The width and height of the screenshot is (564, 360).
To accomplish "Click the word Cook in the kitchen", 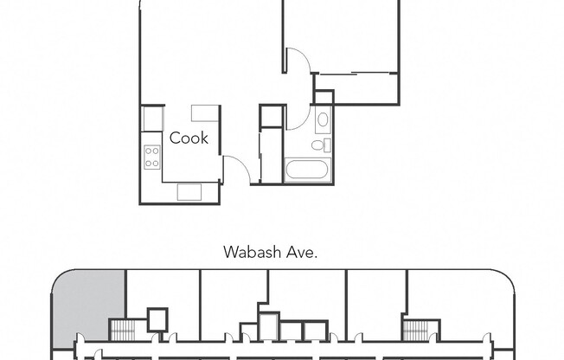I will pyautogui.click(x=189, y=138).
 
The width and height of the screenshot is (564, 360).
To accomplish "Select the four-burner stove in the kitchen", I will pyautogui.click(x=152, y=157).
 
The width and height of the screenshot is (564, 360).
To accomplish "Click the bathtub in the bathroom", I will pyautogui.click(x=308, y=170).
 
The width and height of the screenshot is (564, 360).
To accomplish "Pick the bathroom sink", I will pyautogui.click(x=323, y=119).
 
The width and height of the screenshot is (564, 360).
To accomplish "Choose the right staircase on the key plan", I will pyautogui.click(x=417, y=330).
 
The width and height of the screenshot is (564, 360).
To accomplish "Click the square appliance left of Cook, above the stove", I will pyautogui.click(x=152, y=119).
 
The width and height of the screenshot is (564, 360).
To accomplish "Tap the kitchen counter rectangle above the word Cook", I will pyautogui.click(x=205, y=112).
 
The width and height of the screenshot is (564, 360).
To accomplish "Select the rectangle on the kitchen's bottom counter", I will pyautogui.click(x=189, y=192).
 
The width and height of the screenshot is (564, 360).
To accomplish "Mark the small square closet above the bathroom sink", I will pyautogui.click(x=324, y=97).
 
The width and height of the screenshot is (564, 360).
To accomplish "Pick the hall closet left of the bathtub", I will pyautogui.click(x=271, y=156).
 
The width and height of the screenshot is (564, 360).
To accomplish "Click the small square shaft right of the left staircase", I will pyautogui.click(x=157, y=319).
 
